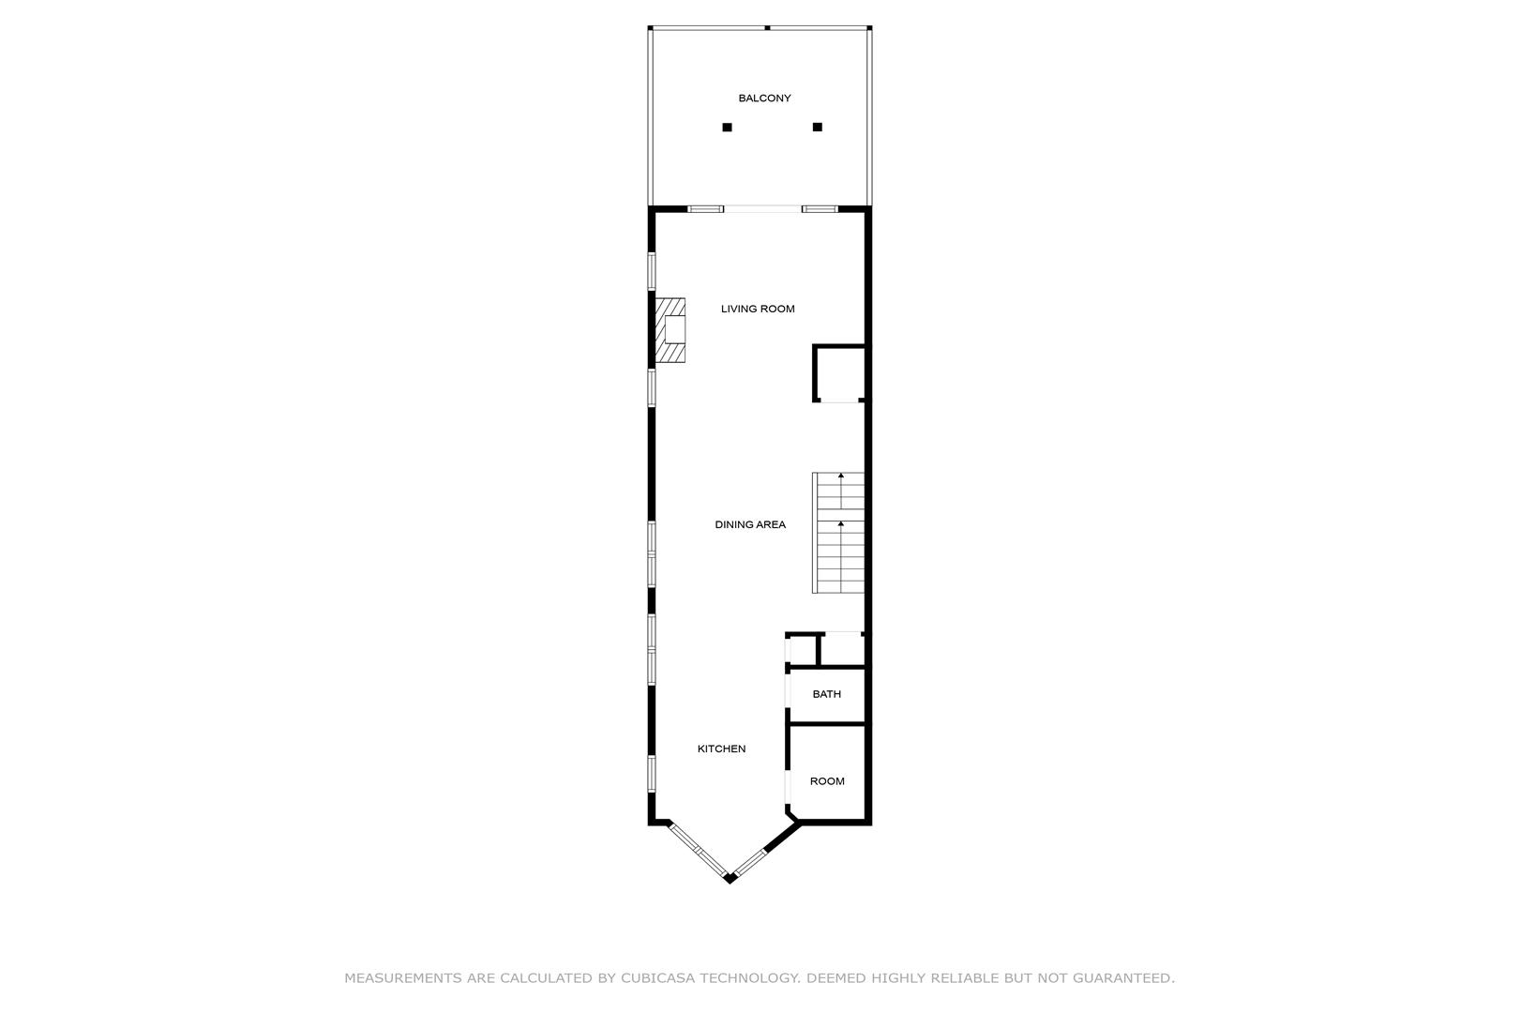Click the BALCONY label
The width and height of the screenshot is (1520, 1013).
tap(764, 98)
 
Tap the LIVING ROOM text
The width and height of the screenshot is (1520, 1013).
tap(758, 309)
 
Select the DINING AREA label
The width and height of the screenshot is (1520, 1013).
tap(750, 524)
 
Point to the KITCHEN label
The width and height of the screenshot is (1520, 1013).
tap(721, 748)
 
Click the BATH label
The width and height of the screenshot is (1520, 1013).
tap(826, 694)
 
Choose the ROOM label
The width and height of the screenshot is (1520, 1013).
tap(827, 780)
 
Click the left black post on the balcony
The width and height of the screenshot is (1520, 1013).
tap(727, 127)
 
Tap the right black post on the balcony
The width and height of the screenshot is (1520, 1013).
tap(817, 127)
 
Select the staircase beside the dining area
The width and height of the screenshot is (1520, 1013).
tap(838, 533)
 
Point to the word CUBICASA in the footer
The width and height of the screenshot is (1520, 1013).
tap(657, 978)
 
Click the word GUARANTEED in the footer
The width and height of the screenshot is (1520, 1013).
tap(1123, 978)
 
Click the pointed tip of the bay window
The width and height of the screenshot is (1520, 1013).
tap(730, 879)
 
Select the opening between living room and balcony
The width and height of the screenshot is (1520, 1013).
tap(762, 209)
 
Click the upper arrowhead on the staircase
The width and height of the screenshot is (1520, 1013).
tap(841, 476)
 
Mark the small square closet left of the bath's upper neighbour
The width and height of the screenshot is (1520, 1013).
tap(802, 650)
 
